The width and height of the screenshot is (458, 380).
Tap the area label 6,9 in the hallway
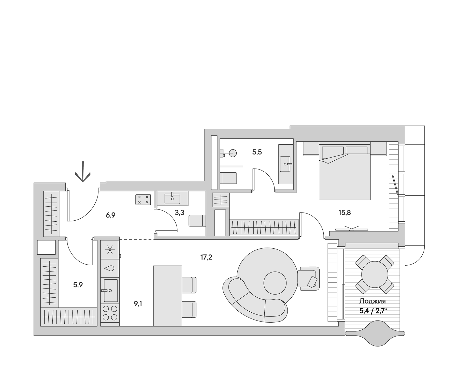[111, 215]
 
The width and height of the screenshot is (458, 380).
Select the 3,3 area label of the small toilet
[179, 212]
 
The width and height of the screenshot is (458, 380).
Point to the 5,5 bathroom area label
[257, 152]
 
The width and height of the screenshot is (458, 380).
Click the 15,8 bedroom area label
[345, 212]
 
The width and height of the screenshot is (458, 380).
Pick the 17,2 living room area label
[206, 257]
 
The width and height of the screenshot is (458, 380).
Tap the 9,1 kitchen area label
[138, 304]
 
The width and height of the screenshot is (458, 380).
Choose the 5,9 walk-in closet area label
[78, 285]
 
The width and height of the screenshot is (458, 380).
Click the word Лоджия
[372, 301]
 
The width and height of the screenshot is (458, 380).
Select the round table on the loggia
[375, 275]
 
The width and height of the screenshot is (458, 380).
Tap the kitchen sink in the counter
[110, 290]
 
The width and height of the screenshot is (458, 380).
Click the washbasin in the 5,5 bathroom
[287, 164]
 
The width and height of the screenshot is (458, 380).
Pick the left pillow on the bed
[332, 152]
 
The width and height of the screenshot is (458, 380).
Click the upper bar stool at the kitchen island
[189, 285]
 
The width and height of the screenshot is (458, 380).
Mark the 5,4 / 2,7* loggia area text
[373, 310]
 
